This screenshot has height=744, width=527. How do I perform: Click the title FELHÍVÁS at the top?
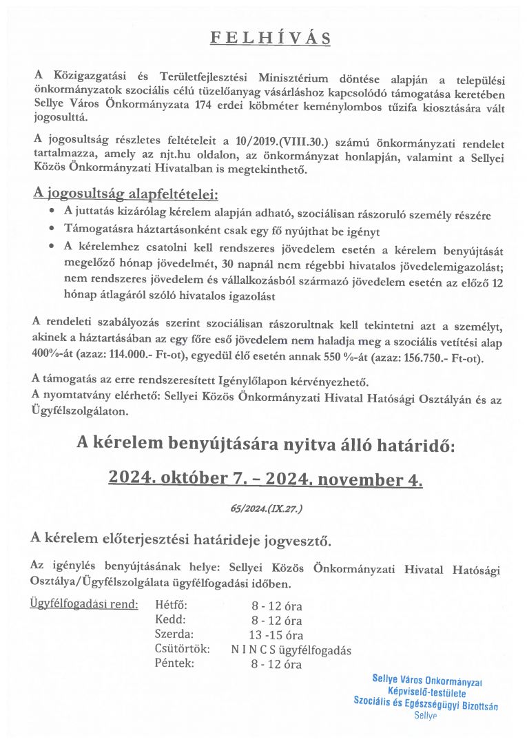270,38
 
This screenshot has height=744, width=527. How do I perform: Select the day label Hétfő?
171,606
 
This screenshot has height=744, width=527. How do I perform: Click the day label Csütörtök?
181,650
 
